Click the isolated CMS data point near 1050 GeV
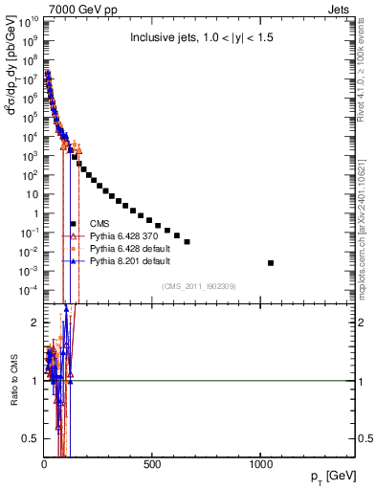[x=271, y=262]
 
